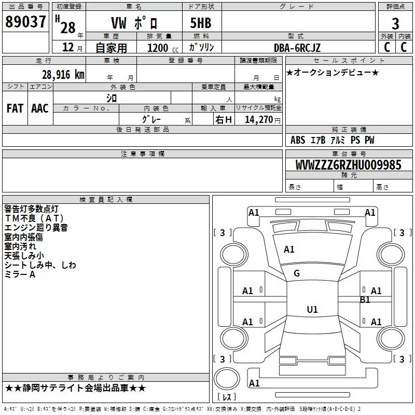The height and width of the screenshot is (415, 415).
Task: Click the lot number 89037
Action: tap(25, 22)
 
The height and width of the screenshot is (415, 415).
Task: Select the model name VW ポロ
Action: tap(133, 24)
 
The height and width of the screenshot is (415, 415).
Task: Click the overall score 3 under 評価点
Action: tap(395, 24)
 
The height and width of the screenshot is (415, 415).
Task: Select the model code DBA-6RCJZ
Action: tap(297, 48)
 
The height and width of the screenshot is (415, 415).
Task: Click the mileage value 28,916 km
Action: tap(62, 74)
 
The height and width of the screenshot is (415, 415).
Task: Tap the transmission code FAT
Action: tap(15, 108)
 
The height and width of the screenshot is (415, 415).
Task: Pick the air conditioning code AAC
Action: tap(40, 108)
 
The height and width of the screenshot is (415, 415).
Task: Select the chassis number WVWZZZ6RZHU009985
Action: tap(348, 165)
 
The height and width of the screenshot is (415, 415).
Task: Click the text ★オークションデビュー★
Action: tap(333, 73)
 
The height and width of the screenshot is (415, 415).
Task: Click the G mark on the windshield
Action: tap(297, 273)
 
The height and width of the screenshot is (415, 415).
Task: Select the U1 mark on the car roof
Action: tap(312, 310)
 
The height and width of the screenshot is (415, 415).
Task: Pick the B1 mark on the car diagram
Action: tap(365, 300)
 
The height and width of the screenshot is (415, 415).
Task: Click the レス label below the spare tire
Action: tap(227, 397)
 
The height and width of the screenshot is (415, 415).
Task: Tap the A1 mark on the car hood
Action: tap(289, 250)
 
